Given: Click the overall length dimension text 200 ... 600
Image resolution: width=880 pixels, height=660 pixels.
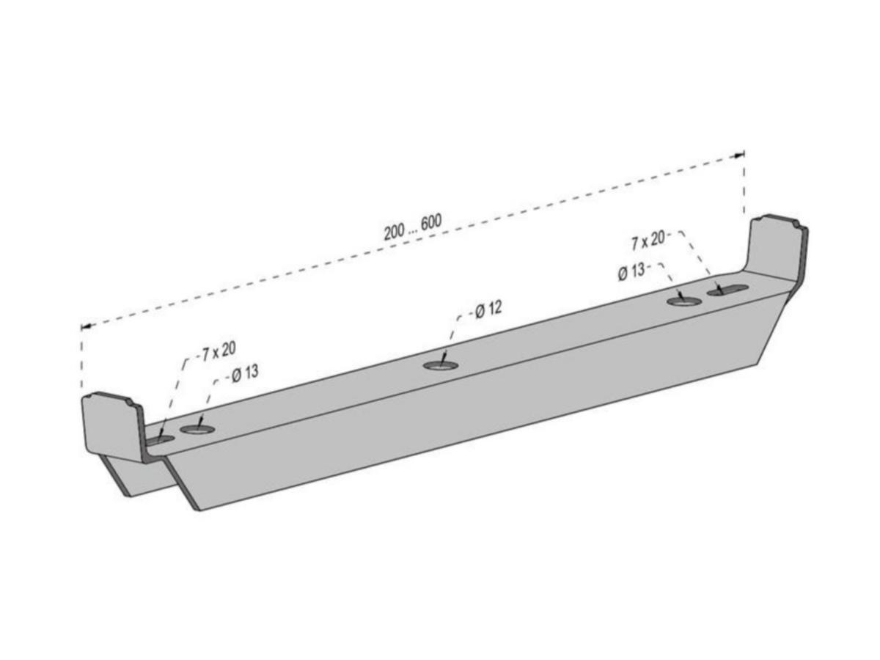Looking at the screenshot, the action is [413, 227].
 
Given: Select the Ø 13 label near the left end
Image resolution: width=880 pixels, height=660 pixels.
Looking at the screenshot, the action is [245, 374].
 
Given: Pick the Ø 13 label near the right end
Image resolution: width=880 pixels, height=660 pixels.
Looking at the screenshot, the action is [631, 272].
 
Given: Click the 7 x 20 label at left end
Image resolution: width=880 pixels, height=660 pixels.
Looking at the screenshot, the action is [219, 351].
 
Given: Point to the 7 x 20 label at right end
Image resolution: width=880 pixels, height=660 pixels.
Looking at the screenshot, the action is [648, 241].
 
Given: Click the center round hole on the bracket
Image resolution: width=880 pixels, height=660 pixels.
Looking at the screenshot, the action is [441, 365].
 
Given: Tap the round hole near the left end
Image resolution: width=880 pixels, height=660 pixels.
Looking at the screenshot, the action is [197, 429].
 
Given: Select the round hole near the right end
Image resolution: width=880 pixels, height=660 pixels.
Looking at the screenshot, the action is [684, 301].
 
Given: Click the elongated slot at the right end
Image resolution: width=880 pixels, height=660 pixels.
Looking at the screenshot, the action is [727, 290].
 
